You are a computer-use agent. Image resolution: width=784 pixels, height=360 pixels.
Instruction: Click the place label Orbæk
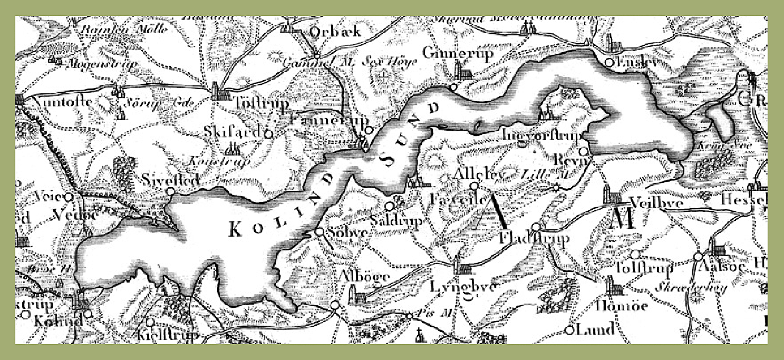(335, 32)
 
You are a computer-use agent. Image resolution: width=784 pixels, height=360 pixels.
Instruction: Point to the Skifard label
(232, 132)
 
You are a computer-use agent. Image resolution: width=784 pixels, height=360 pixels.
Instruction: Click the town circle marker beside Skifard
(268, 134)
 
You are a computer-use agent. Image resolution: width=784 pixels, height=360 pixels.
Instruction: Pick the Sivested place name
(171, 180)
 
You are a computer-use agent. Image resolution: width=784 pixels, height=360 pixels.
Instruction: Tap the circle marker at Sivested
(170, 191)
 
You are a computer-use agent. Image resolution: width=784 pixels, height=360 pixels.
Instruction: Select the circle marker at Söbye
(320, 231)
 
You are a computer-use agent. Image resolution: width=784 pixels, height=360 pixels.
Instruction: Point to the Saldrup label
(403, 220)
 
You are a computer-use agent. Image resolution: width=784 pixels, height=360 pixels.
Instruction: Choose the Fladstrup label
(534, 240)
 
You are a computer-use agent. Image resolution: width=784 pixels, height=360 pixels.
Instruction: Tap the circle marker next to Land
(569, 330)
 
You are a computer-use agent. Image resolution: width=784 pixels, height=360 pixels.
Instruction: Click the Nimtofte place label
(55, 102)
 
